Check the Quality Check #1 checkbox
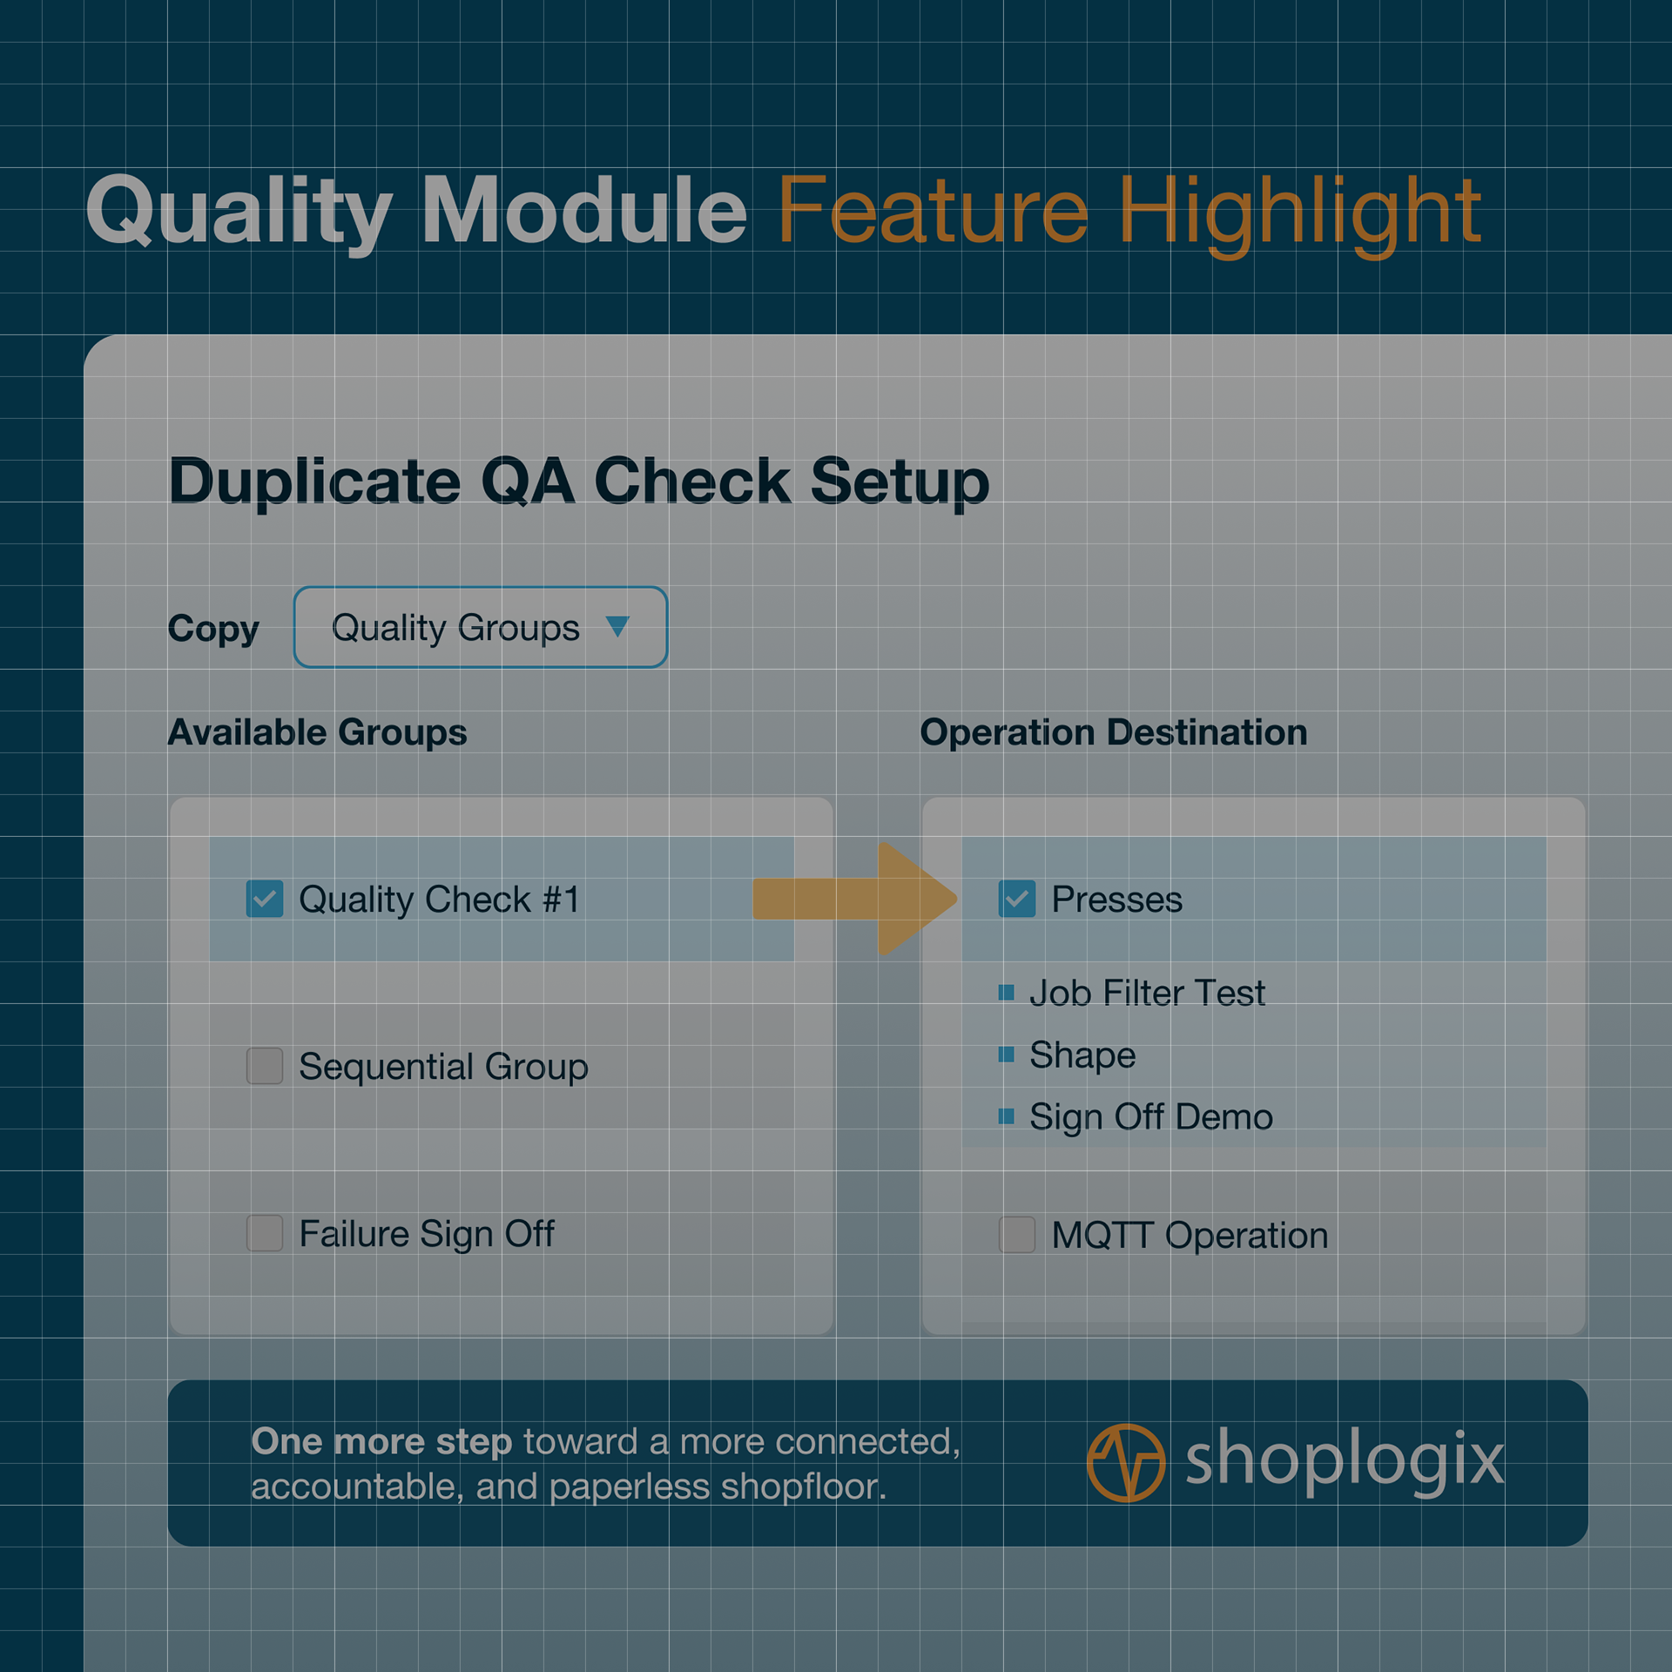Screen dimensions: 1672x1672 [x=265, y=899]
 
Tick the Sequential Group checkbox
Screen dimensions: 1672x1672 [x=265, y=1066]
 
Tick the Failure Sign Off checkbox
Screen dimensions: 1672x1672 [x=265, y=1233]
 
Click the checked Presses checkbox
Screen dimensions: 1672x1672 [x=1017, y=899]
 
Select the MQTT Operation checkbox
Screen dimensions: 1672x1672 [x=1017, y=1235]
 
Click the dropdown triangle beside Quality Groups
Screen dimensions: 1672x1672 [x=617, y=626]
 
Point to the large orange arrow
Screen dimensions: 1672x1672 [x=855, y=899]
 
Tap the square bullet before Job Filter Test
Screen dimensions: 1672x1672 [x=1007, y=992]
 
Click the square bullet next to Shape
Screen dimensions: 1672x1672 [x=1007, y=1055]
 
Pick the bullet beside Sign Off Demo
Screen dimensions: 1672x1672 [x=1007, y=1116]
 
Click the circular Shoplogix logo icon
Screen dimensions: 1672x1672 [x=1126, y=1463]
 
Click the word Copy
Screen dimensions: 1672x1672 [x=213, y=630]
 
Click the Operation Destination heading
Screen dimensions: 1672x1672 [x=1114, y=732]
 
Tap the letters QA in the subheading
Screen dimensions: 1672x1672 [x=528, y=481]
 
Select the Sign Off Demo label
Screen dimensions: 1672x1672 [x=1151, y=1117]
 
